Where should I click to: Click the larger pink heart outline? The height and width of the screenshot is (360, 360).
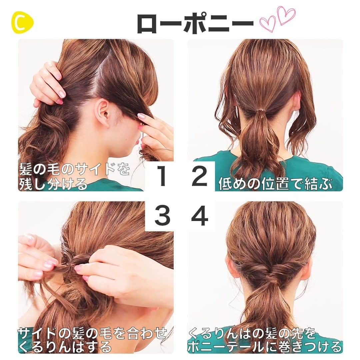point(286,15)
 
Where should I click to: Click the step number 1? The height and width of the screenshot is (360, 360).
point(162,177)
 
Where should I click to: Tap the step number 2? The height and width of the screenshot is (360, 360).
point(199,177)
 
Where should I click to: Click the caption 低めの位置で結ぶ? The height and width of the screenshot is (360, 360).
point(275,184)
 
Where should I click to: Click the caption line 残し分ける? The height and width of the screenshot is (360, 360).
point(53,184)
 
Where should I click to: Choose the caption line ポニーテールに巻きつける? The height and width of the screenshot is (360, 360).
point(265,347)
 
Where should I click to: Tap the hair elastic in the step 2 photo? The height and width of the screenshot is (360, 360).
point(260,114)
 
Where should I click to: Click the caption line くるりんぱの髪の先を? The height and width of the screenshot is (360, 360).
point(252,333)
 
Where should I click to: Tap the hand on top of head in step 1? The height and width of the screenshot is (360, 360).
point(47,83)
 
